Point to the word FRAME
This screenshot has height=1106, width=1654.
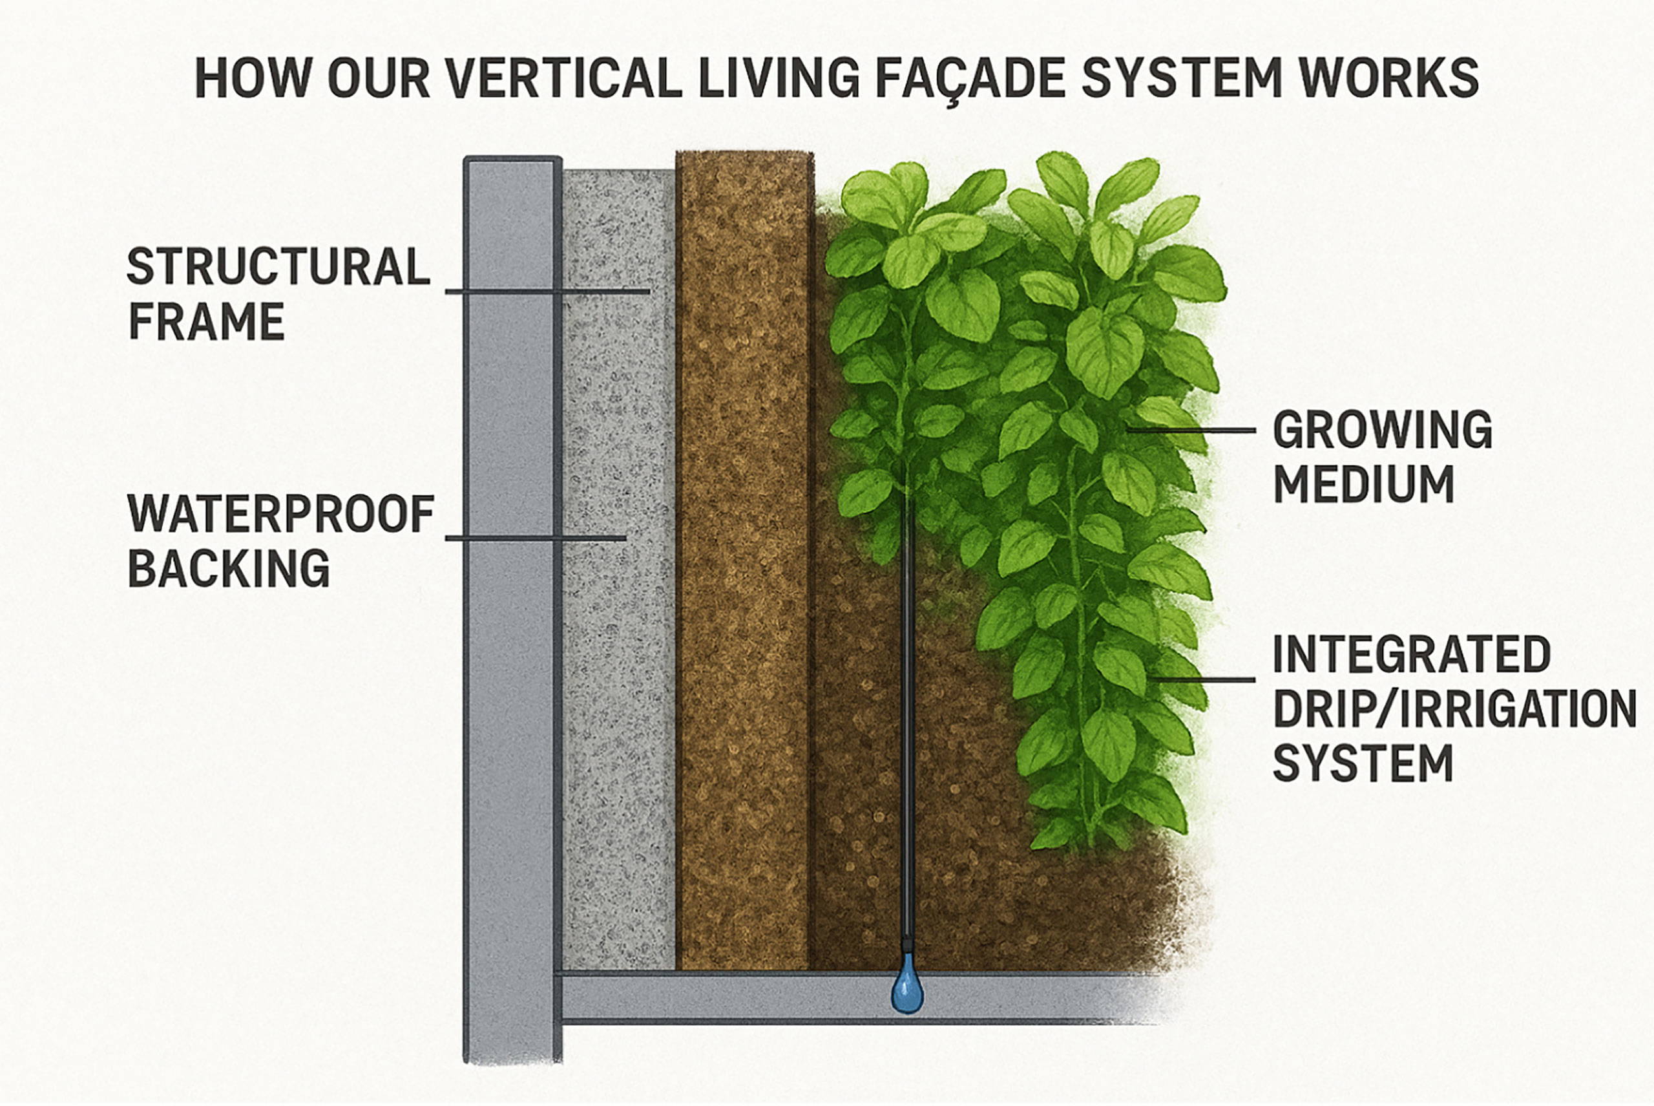pyautogui.click(x=206, y=322)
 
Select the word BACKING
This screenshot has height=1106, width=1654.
pyautogui.click(x=229, y=569)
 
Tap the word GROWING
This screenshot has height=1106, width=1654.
pyautogui.click(x=1383, y=430)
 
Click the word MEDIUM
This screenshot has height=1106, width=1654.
pyautogui.click(x=1363, y=485)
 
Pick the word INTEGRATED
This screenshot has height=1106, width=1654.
pyautogui.click(x=1412, y=655)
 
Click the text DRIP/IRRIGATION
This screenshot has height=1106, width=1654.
pyautogui.click(x=1454, y=709)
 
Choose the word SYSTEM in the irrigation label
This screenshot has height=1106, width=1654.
pyautogui.click(x=1362, y=763)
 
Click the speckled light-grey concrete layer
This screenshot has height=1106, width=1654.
pyautogui.click(x=618, y=705)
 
